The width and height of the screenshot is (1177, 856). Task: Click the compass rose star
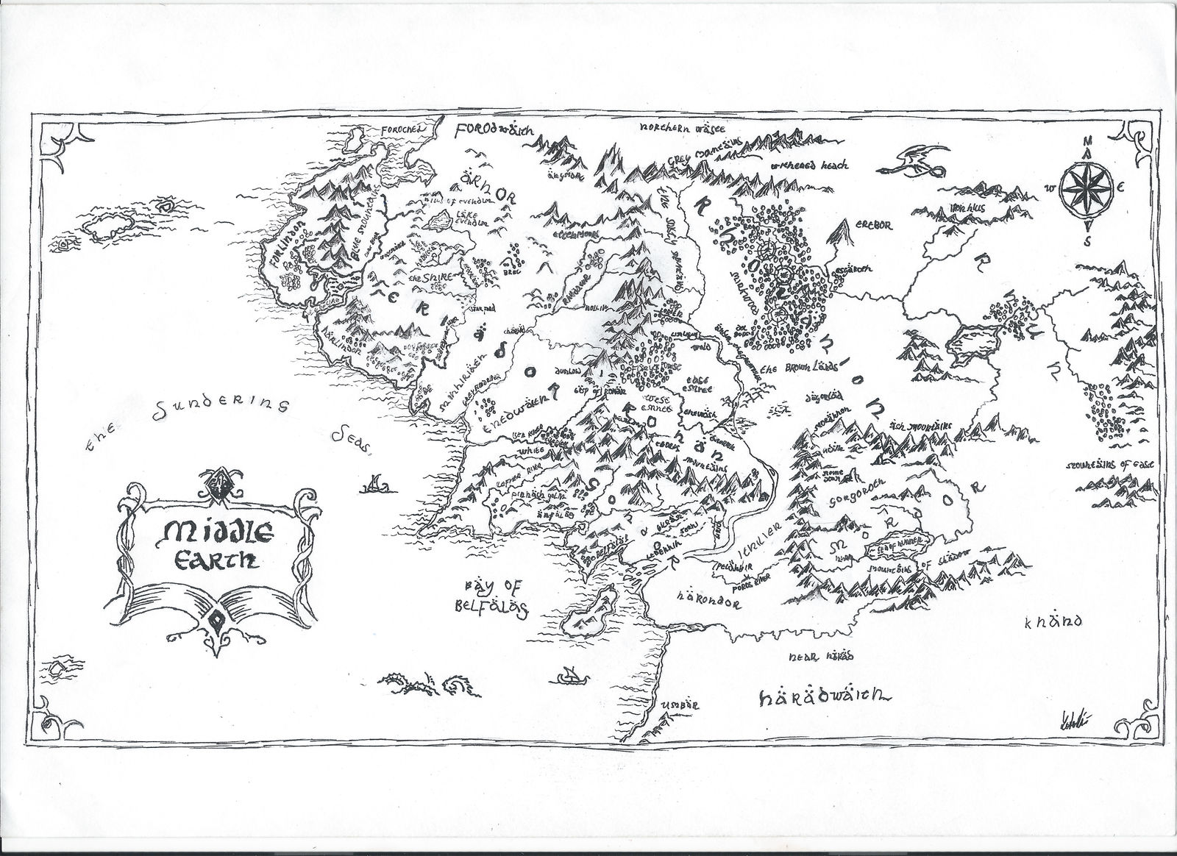coord(1087,188)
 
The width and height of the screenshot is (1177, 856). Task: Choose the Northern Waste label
coord(675,127)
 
